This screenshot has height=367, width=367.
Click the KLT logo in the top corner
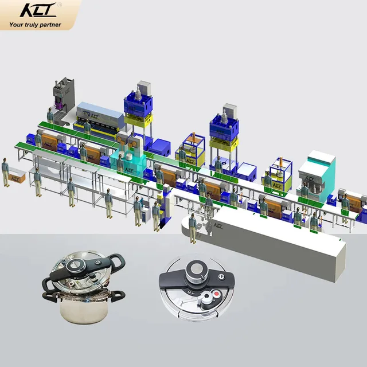[x=38, y=10]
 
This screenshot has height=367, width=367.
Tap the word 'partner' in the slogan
[x=50, y=25]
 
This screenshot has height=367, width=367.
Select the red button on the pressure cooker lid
[x=217, y=294]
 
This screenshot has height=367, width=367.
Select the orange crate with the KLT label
[x=17, y=178]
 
